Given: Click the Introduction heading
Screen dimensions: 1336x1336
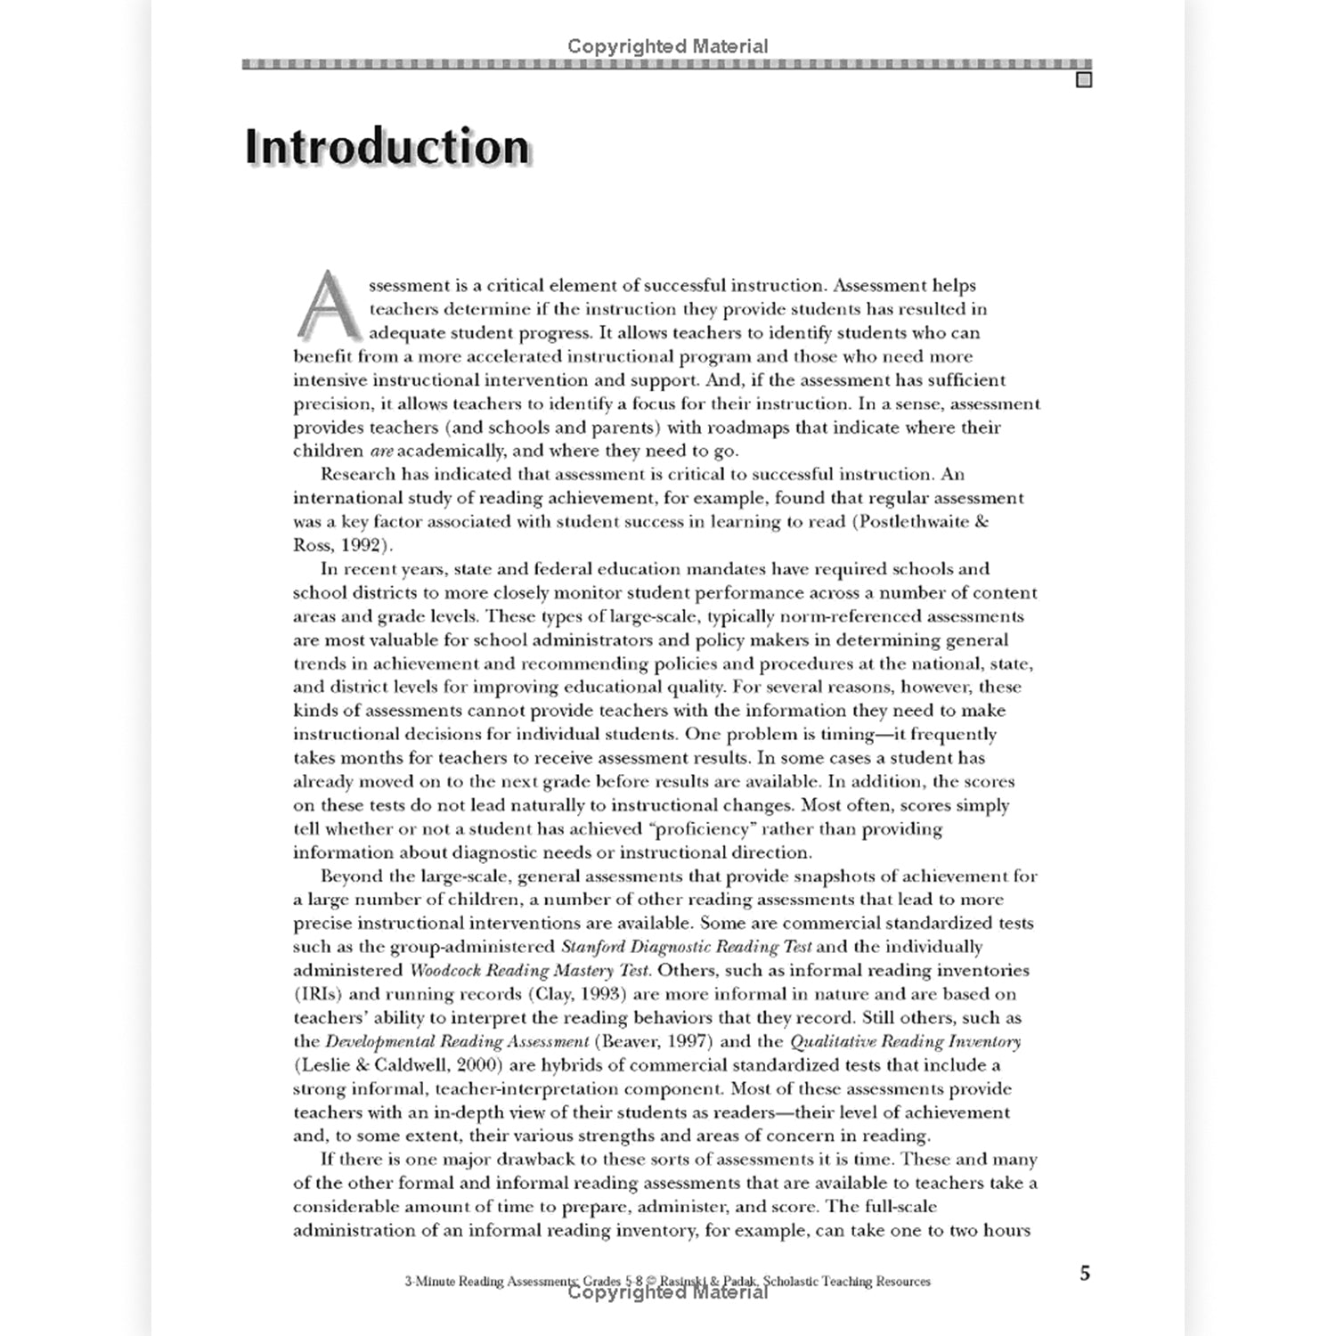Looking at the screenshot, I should pyautogui.click(x=387, y=148).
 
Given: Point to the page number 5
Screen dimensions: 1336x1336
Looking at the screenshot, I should pyautogui.click(x=1084, y=1273).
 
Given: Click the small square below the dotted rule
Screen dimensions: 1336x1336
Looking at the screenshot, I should pyautogui.click(x=1083, y=80).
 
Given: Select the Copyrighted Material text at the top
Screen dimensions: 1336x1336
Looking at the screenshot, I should pyautogui.click(x=667, y=46).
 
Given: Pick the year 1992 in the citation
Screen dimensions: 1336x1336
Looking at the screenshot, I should pyautogui.click(x=366, y=545).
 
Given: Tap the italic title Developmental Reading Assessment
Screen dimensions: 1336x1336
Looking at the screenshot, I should pyautogui.click(x=457, y=1041).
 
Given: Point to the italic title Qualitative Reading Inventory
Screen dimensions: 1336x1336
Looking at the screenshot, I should pyautogui.click(x=905, y=1041).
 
